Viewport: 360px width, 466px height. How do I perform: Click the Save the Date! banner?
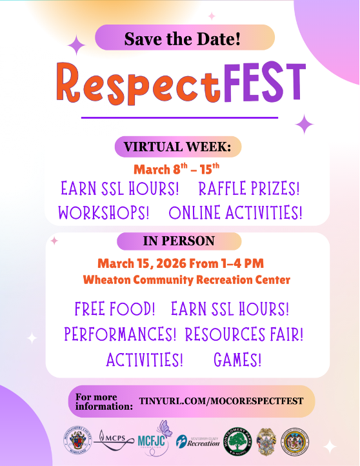pos(184,38)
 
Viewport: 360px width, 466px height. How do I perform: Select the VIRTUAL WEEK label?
pos(177,147)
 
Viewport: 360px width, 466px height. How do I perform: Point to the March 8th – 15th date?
pos(177,169)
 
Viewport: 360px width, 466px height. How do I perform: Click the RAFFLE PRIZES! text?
pos(249,189)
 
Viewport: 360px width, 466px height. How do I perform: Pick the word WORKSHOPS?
pos(104,212)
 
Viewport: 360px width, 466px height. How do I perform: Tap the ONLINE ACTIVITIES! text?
pos(235,212)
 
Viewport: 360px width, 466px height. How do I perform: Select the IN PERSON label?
pos(179,241)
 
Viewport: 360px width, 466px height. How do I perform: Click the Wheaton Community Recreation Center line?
pos(186,280)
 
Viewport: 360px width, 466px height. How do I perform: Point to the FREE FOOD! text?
pos(115,309)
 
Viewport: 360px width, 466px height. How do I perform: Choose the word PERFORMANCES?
pos(120,334)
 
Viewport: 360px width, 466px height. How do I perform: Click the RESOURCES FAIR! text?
pos(244,334)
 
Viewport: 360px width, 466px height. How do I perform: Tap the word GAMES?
pos(237,359)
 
